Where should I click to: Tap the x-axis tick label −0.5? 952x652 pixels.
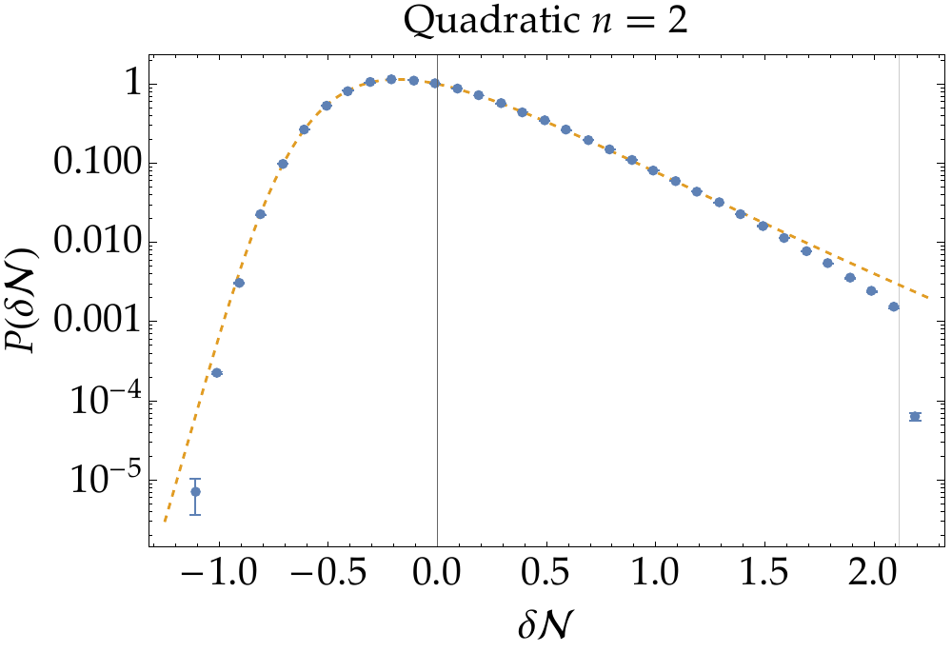tap(320, 577)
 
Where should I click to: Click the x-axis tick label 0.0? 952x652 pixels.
tap(437, 577)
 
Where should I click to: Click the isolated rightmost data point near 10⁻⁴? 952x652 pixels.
tap(915, 416)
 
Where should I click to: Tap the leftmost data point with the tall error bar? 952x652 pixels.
tap(195, 492)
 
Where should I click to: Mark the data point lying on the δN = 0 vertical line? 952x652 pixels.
tap(435, 83)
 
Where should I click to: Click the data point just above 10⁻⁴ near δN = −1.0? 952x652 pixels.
tap(217, 372)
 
